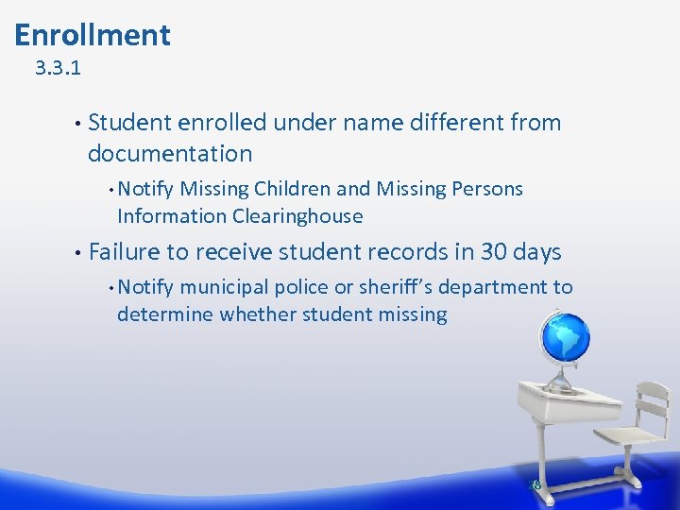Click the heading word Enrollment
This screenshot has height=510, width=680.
93,36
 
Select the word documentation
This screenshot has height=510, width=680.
170,154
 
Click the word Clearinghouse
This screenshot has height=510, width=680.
297,216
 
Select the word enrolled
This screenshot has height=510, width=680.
221,123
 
